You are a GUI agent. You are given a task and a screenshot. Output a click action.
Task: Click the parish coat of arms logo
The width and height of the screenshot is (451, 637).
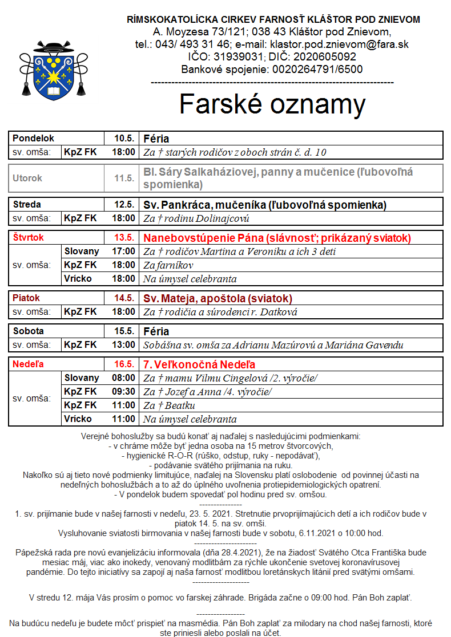(x=54, y=70)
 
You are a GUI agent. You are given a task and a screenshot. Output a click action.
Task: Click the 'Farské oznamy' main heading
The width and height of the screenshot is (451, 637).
(x=272, y=104)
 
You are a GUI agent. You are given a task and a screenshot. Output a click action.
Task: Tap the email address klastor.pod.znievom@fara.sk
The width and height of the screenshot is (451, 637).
(x=339, y=44)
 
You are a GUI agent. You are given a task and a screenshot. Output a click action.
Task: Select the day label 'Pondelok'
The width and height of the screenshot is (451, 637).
(x=33, y=139)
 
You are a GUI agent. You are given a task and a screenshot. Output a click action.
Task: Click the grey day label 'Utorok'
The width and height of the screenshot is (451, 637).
(x=27, y=178)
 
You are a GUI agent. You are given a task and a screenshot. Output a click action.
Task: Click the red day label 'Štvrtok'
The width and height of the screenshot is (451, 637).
(x=28, y=237)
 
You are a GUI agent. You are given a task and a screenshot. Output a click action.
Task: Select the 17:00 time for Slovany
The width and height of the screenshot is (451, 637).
(x=124, y=251)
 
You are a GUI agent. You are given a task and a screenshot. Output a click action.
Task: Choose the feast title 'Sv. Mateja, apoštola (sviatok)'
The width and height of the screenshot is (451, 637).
(x=218, y=298)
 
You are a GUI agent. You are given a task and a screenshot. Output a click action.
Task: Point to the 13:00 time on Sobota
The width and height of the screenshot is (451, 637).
(x=124, y=345)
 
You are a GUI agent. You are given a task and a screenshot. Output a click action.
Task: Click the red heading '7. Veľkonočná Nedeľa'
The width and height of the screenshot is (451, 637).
(x=199, y=364)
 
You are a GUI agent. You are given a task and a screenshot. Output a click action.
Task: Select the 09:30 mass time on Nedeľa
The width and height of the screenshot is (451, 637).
(x=124, y=392)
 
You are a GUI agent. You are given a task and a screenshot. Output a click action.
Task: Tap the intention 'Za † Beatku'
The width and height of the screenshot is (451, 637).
(x=169, y=405)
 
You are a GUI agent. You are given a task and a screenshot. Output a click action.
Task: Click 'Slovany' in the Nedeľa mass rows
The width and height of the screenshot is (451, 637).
(x=82, y=378)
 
